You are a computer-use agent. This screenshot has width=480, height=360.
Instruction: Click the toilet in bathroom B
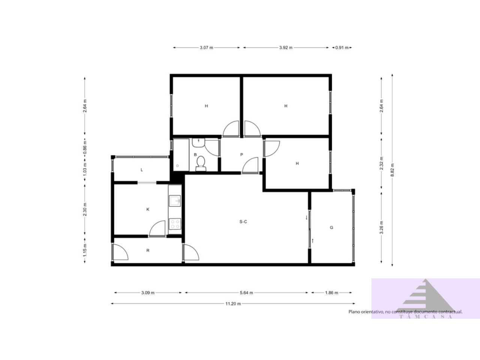[201, 163]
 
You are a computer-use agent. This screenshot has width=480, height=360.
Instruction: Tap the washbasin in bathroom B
[198, 142]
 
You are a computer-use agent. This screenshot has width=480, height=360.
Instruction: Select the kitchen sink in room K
[174, 201]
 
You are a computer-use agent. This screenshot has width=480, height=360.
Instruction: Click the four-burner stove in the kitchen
[175, 224]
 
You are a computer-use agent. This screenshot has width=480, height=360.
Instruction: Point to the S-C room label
[243, 222]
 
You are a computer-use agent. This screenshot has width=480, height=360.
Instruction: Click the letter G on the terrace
[331, 228]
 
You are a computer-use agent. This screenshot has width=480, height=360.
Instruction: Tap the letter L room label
[142, 170]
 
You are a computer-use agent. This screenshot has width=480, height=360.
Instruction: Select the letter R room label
[148, 250]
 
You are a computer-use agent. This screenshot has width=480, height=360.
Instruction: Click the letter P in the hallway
[241, 154]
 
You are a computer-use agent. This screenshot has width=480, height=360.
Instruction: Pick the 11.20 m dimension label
[233, 304]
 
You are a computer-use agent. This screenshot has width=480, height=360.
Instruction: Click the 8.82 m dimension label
[392, 170]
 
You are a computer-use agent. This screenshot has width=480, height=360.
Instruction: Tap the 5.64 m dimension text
[246, 292]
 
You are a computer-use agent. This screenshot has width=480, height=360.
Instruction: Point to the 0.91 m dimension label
[342, 48]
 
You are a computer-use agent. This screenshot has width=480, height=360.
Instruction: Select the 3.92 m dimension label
[286, 48]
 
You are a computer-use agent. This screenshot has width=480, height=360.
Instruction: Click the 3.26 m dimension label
[381, 227]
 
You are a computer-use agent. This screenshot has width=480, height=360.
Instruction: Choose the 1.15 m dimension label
[85, 250]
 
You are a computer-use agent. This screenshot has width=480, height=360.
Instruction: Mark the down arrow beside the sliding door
[306, 217]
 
